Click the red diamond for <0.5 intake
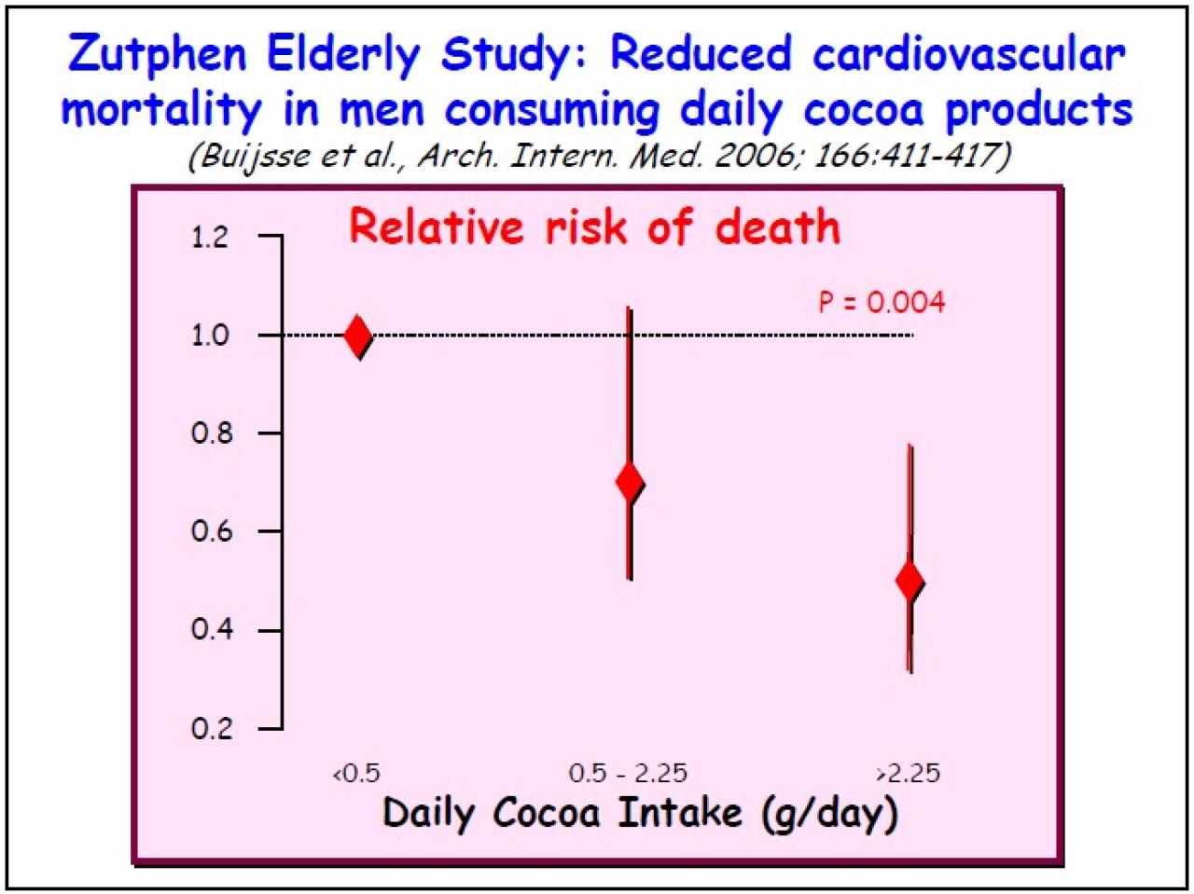click(357, 335)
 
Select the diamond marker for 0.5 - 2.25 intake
click(630, 482)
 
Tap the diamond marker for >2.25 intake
click(909, 581)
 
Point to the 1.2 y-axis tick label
click(210, 237)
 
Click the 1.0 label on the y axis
click(210, 335)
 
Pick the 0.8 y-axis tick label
click(210, 433)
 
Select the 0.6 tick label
click(210, 531)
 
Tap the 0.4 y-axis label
click(210, 629)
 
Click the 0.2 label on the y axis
click(210, 728)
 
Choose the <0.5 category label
click(356, 774)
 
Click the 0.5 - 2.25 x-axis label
click(628, 774)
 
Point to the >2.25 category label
click(908, 774)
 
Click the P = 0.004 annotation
click(882, 302)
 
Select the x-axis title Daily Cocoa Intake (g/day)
click(640, 813)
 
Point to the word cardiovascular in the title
click(969, 54)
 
